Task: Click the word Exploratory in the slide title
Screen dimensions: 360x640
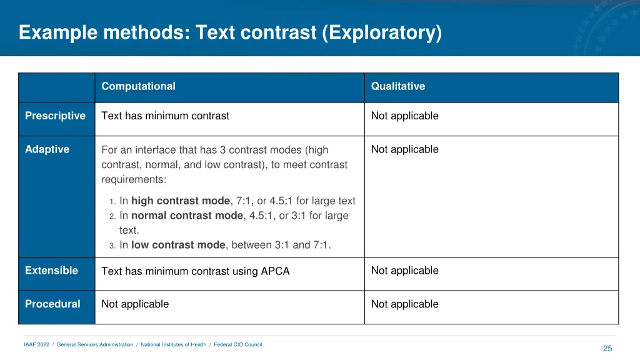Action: (382, 32)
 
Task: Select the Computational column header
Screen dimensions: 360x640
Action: (138, 87)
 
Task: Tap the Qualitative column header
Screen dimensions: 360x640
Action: (397, 87)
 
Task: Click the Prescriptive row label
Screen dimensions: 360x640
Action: (55, 116)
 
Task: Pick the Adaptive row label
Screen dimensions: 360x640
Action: (47, 149)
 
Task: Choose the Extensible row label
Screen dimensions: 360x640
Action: (51, 271)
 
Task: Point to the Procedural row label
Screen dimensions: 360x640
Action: (52, 304)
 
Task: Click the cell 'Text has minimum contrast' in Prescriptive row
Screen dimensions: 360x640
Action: (165, 116)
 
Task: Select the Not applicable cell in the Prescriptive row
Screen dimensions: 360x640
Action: (404, 116)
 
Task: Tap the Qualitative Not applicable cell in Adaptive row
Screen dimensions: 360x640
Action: (404, 149)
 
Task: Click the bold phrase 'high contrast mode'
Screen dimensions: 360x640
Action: (180, 201)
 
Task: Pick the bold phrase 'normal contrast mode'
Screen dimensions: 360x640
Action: (186, 216)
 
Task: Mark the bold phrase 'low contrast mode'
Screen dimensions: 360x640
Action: (177, 245)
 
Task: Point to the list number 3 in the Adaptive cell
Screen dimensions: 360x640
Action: (112, 246)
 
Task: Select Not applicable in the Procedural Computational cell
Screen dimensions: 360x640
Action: (135, 304)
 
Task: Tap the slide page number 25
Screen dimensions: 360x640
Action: (607, 349)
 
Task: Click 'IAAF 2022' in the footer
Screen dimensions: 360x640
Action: (36, 345)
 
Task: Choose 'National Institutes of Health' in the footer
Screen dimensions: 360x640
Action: (173, 345)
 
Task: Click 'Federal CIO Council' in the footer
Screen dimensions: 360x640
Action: (237, 345)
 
